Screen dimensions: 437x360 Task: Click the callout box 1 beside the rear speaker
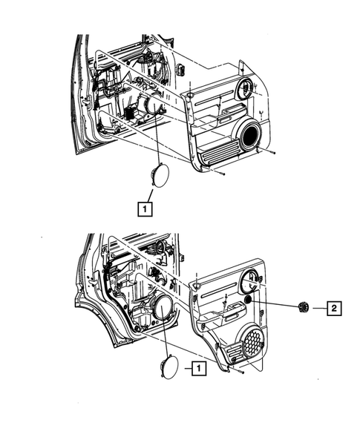click(197, 367)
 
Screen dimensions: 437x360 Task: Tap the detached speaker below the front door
click(158, 177)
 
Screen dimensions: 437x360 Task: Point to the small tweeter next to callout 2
click(301, 307)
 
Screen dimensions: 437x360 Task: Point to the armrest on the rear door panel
click(219, 318)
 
